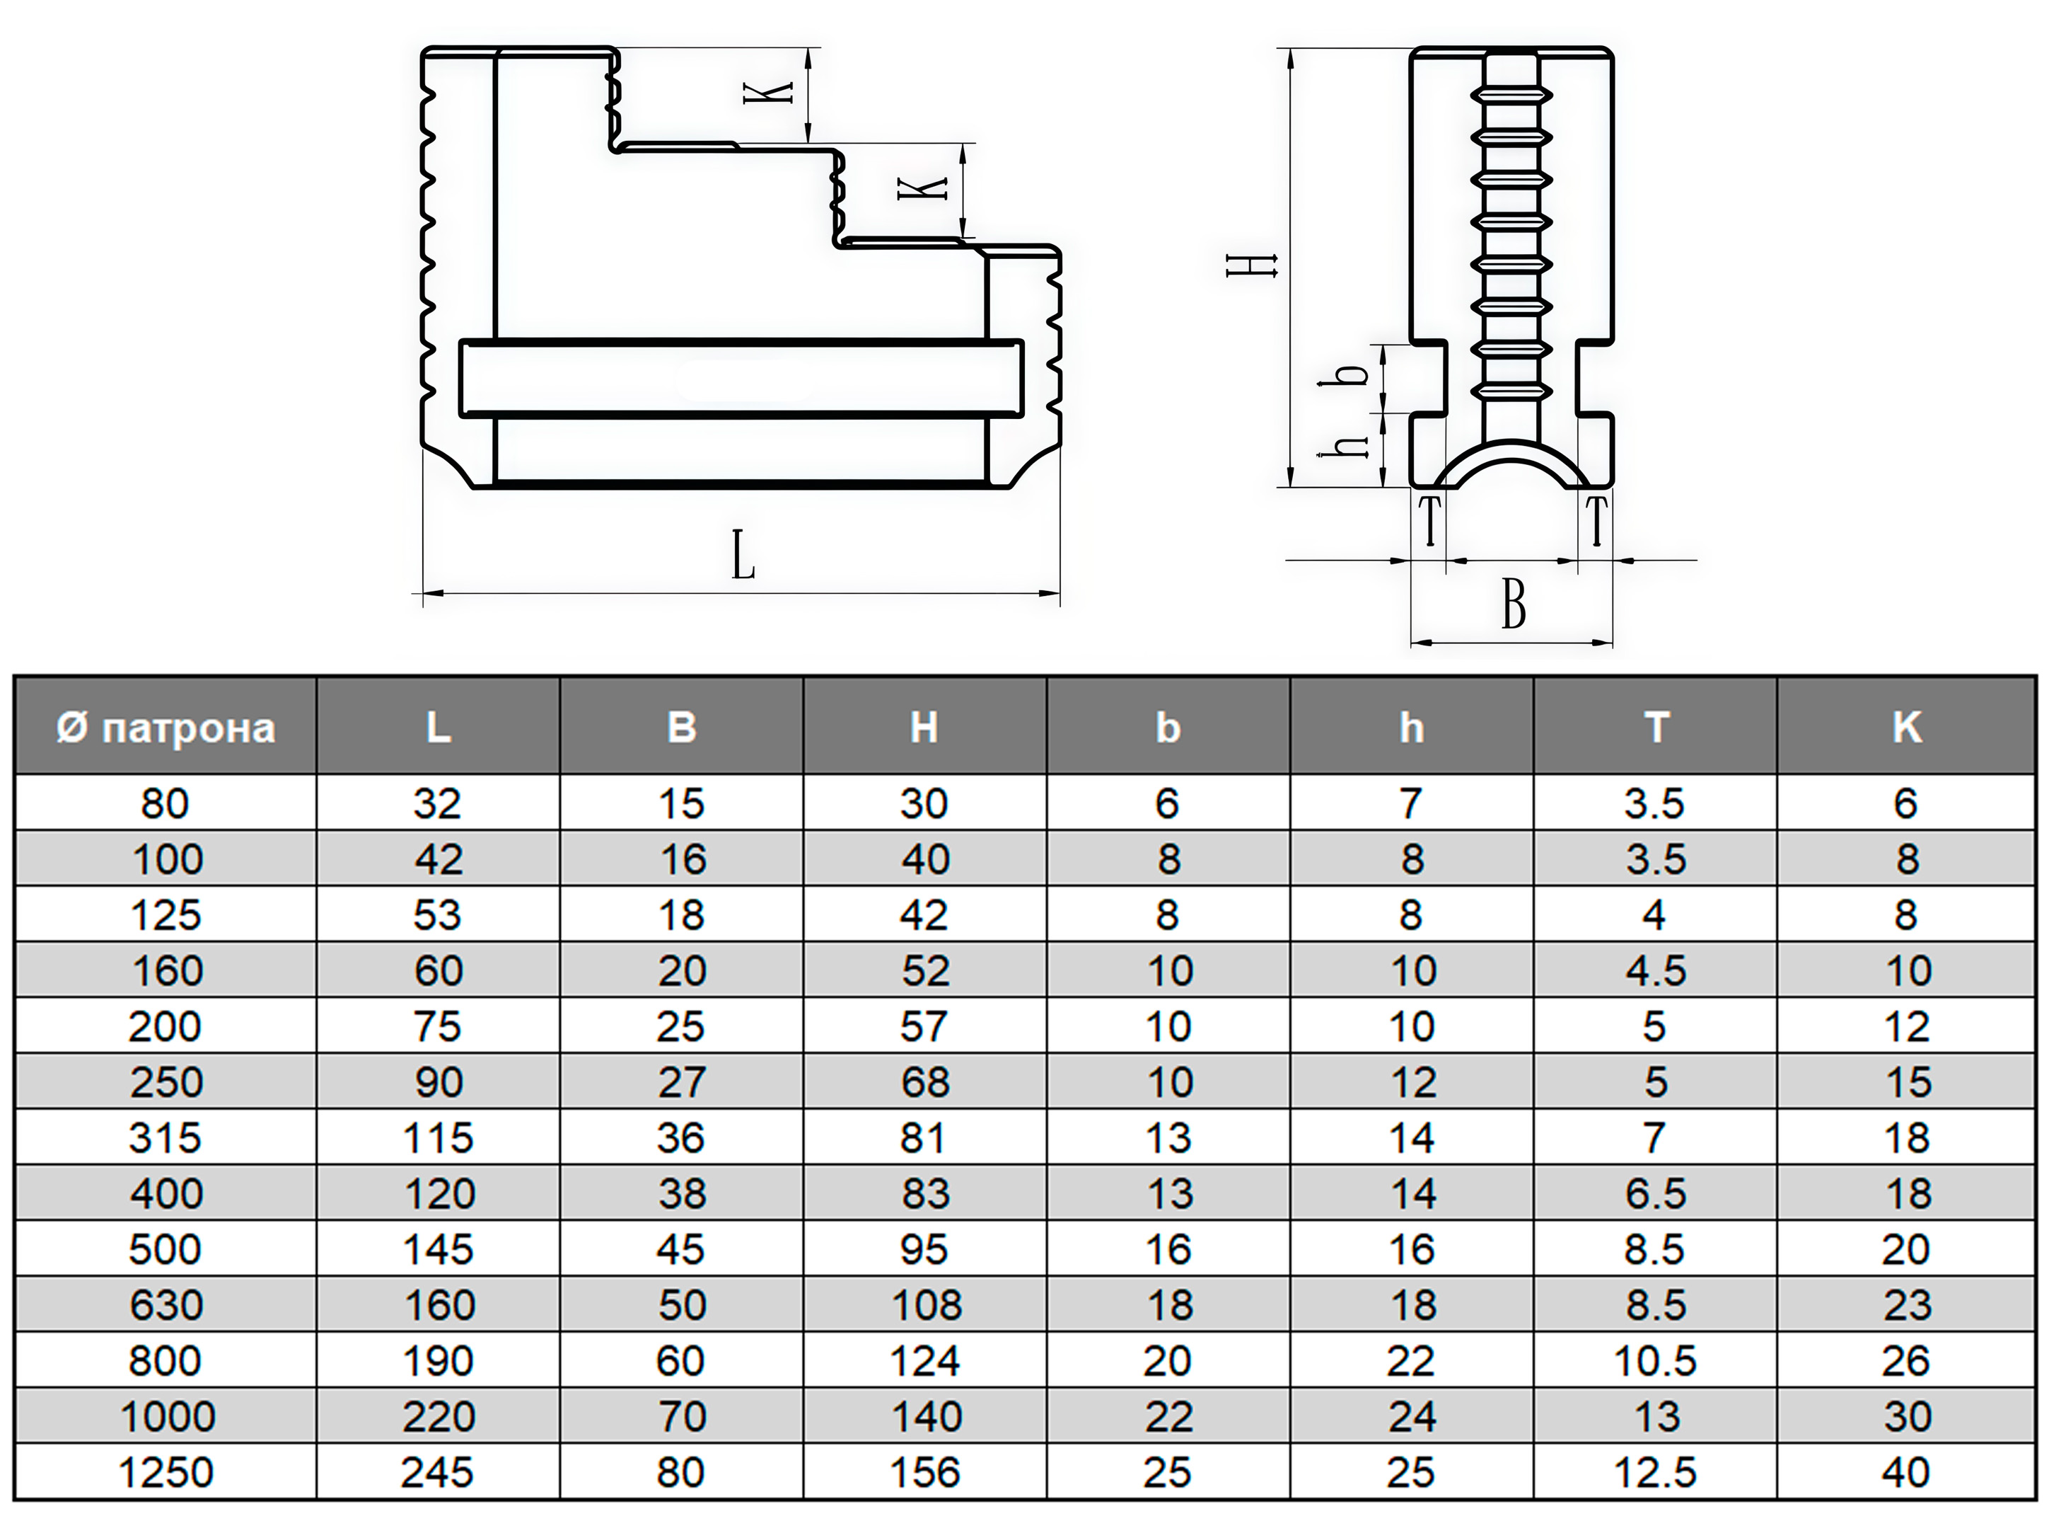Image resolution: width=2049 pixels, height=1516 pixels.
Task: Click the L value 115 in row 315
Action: pyautogui.click(x=438, y=1139)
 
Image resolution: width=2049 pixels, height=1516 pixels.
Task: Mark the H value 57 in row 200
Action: pyautogui.click(x=924, y=1027)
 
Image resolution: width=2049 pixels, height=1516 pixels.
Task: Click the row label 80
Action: pyautogui.click(x=165, y=804)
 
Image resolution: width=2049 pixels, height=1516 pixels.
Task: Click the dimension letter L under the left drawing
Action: pyautogui.click(x=743, y=556)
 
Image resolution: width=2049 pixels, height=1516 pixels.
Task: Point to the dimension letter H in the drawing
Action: pyautogui.click(x=1253, y=266)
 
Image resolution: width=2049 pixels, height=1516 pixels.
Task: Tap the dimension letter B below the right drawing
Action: pyautogui.click(x=1514, y=606)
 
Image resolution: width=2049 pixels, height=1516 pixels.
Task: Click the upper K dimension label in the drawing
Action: pyautogui.click(x=769, y=93)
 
